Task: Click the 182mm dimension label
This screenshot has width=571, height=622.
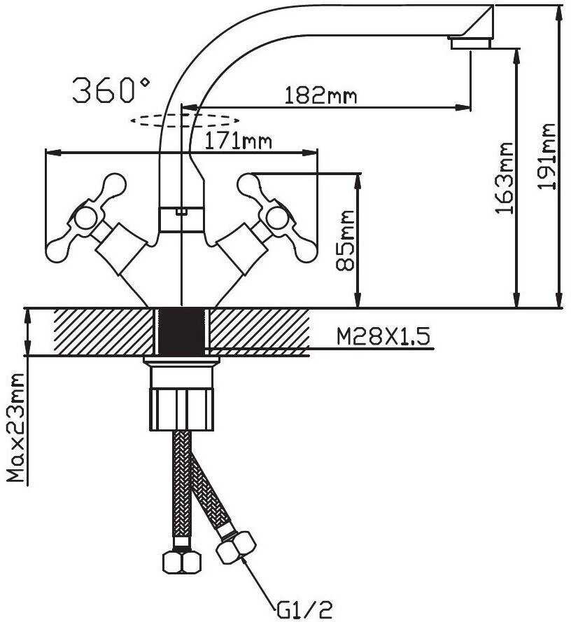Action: coord(320,95)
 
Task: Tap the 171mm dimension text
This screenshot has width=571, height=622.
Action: coord(238,141)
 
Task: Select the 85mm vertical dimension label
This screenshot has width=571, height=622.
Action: coord(345,240)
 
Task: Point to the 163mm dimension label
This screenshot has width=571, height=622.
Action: coord(504,178)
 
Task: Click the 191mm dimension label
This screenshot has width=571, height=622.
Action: coord(546,157)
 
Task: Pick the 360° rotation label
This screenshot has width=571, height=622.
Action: coord(111,90)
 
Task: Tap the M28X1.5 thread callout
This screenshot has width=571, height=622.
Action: coord(383,337)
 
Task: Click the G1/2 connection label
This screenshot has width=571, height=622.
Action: coord(304,609)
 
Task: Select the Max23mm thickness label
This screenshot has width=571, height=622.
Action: coord(17,427)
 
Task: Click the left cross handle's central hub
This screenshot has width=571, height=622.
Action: coord(86,219)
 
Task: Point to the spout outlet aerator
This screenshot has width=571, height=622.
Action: coord(470,43)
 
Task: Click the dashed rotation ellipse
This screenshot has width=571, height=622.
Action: coord(185,120)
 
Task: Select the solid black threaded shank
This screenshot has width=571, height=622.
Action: coord(181,331)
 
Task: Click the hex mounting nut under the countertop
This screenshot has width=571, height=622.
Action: coord(181,410)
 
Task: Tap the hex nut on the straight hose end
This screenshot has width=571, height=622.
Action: coord(182,562)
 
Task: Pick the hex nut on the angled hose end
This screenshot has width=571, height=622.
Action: coord(237,548)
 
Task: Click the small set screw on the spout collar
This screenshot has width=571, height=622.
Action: coord(181,212)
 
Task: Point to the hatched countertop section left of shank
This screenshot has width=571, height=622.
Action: coord(104,331)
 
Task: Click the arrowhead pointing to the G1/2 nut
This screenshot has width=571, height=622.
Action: coord(245,562)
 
